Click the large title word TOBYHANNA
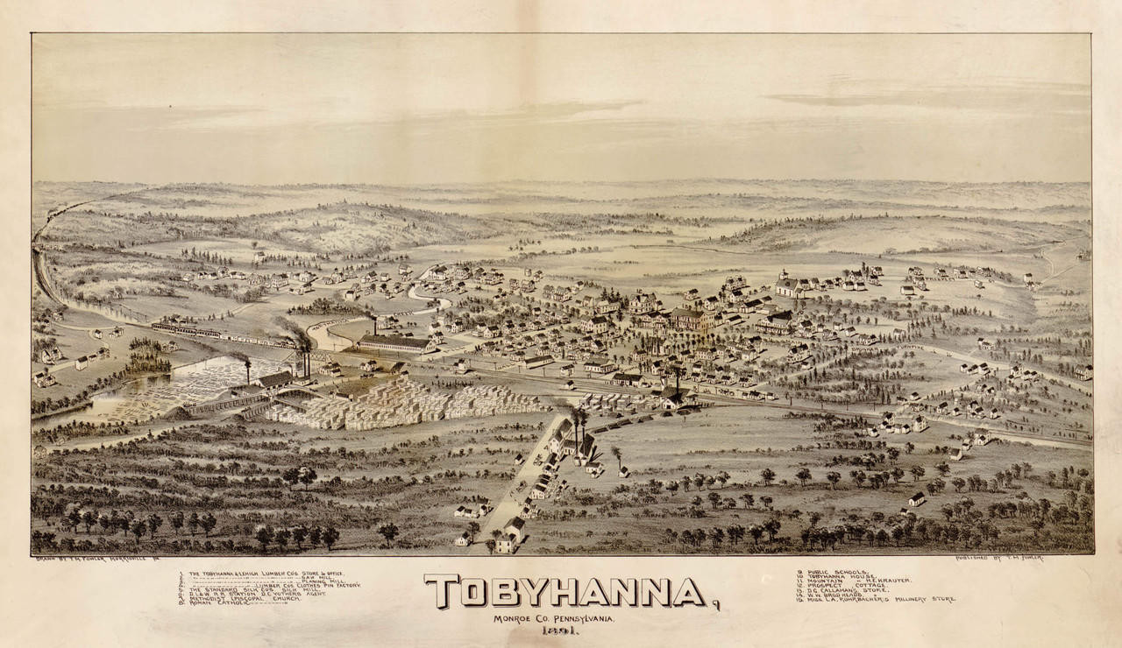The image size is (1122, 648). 565,592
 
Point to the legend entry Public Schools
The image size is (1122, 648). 828,572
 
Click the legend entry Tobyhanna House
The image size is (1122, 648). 833,577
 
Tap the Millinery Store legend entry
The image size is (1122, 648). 877,600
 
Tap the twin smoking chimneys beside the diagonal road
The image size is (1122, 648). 579,419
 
